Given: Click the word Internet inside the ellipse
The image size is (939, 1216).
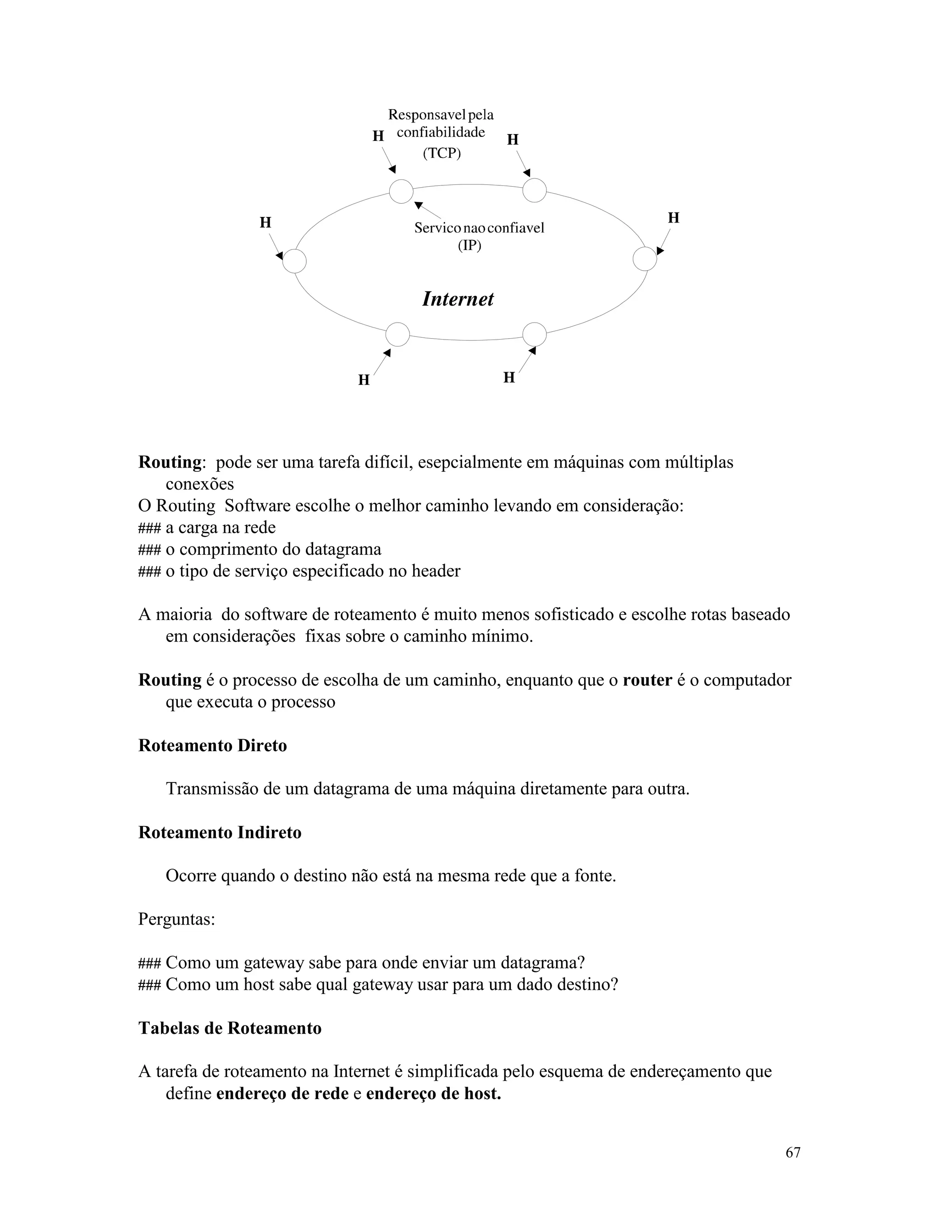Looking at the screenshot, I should point(458,299).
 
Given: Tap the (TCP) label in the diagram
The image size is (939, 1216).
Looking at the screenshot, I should point(442,153).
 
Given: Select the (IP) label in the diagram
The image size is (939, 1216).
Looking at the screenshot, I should point(469,245).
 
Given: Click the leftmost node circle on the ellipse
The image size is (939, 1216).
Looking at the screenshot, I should point(294,261).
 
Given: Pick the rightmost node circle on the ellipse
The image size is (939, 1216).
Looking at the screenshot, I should point(645,259).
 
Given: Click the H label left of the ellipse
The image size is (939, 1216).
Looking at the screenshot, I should point(265,223).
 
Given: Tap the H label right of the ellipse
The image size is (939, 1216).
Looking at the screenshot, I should point(674,218).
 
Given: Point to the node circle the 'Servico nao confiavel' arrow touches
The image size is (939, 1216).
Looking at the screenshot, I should point(401,191).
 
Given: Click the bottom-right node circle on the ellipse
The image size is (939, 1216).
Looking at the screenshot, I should point(535,334).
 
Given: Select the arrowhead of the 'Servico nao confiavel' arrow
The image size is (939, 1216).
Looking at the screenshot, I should point(418,206).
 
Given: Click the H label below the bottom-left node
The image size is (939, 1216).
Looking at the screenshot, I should point(364,380).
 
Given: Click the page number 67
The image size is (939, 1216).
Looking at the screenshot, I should point(793,1153).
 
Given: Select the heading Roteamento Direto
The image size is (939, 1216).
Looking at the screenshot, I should point(212,746).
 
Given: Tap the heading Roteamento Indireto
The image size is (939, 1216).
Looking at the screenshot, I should point(220,832).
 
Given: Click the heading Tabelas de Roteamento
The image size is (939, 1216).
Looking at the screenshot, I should point(230,1028).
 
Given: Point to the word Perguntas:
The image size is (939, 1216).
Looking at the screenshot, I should point(177,919).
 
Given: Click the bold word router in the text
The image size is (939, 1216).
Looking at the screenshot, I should point(647,680).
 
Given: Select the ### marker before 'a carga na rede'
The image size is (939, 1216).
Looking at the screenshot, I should point(149,528).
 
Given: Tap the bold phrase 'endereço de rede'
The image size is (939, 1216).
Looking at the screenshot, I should point(282,1093).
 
